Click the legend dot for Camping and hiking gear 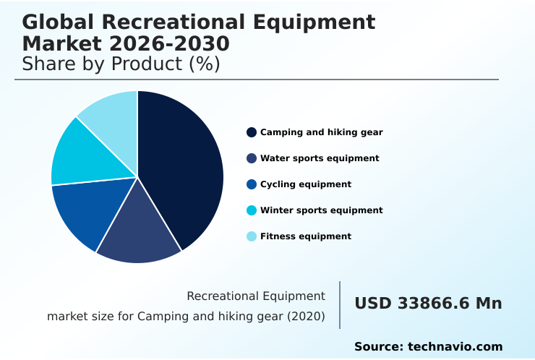click(252, 132)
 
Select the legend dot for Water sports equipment click(252, 158)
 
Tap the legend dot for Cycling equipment click(252, 184)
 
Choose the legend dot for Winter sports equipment click(252, 210)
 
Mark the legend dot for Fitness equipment click(252, 236)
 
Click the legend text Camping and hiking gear click(321, 132)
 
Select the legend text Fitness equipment click(305, 236)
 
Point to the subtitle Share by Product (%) click(121, 64)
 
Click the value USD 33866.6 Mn click(428, 304)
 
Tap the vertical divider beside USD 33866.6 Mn click(340, 305)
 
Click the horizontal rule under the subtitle click(257, 80)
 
